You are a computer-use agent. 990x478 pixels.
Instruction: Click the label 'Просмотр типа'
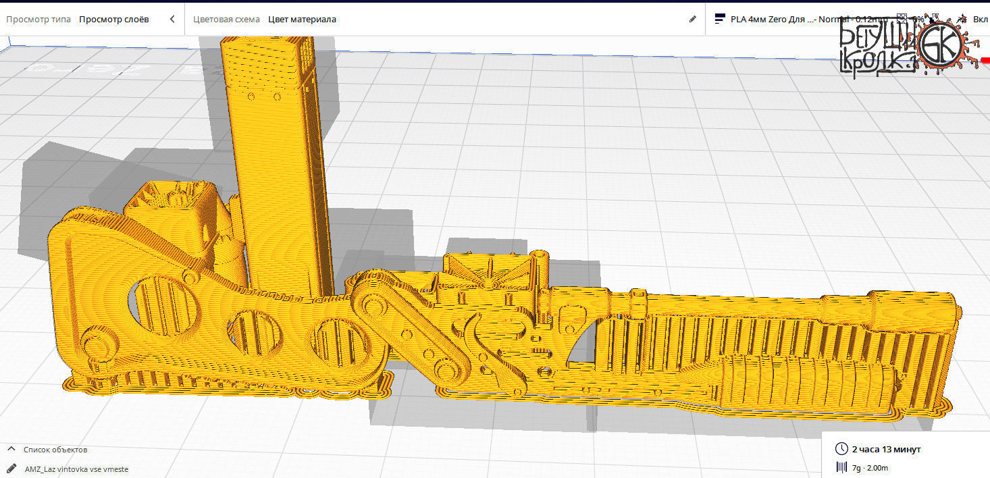[38, 19]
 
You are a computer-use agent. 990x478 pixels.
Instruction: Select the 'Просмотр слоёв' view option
[113, 19]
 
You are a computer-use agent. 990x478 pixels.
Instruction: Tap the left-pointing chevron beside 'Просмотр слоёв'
[172, 19]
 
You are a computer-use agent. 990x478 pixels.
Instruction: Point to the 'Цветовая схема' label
[226, 19]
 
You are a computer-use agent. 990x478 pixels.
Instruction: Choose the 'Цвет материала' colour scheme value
[302, 19]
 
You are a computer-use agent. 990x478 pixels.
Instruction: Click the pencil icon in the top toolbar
[692, 19]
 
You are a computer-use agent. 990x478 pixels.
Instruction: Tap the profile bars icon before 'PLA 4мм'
[720, 19]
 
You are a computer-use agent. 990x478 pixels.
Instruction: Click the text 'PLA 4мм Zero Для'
[768, 19]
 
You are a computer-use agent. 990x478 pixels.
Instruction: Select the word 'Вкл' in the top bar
[980, 19]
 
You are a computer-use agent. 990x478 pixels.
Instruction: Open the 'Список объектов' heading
[55, 450]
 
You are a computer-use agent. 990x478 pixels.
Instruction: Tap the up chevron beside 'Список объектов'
[11, 449]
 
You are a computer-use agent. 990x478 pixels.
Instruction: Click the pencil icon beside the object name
[11, 468]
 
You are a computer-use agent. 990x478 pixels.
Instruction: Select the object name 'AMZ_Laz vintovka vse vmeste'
[76, 469]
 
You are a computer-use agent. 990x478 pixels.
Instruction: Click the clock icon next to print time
[841, 449]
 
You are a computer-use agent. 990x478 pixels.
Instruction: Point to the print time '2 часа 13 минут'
[886, 449]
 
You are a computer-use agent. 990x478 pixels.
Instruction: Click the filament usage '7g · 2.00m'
[870, 468]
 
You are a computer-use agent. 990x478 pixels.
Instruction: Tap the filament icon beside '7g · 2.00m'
[841, 467]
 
